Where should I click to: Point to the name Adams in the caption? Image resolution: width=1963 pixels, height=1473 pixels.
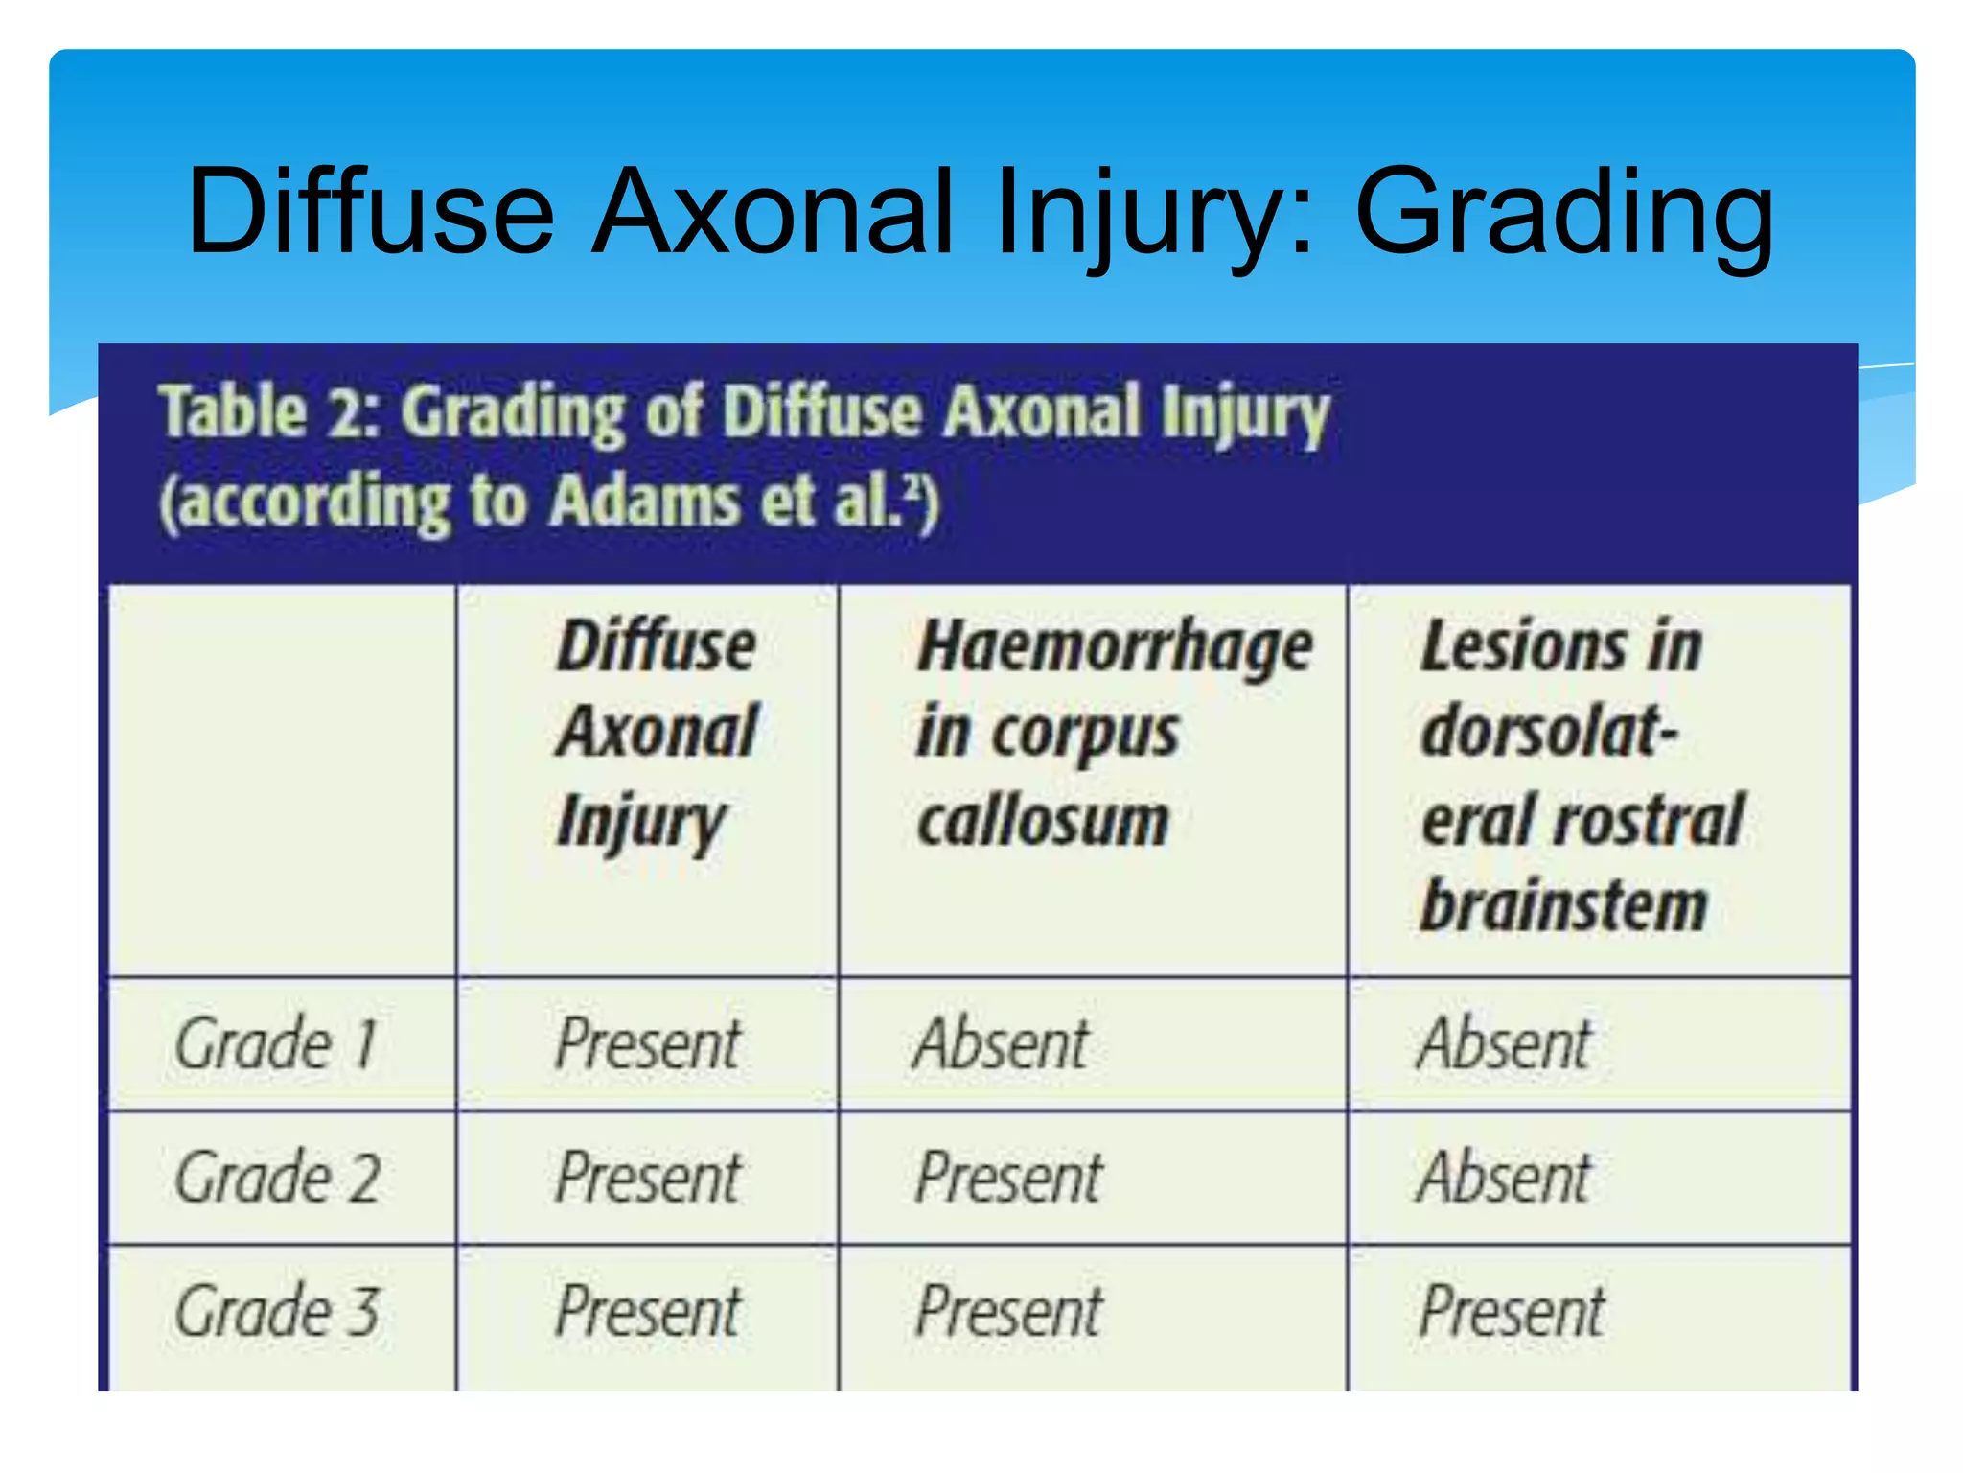645,501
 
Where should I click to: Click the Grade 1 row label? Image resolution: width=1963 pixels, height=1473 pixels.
276,1043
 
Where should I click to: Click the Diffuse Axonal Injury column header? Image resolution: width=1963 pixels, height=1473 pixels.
658,733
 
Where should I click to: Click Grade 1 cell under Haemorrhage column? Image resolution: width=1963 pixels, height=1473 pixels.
1002,1043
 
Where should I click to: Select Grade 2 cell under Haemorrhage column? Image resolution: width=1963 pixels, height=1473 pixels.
1009,1178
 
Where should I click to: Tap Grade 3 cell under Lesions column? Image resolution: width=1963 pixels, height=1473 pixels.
1512,1311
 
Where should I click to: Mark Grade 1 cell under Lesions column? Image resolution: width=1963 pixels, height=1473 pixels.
1504,1043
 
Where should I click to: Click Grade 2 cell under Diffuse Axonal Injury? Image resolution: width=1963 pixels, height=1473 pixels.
648,1178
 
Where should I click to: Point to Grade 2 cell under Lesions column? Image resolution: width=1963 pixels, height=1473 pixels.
1504,1178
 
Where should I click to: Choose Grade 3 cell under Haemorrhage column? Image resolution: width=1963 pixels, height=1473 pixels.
1009,1311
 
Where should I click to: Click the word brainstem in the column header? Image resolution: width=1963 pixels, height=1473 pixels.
1564,906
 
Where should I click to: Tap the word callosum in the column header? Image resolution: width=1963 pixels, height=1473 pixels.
1043,821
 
